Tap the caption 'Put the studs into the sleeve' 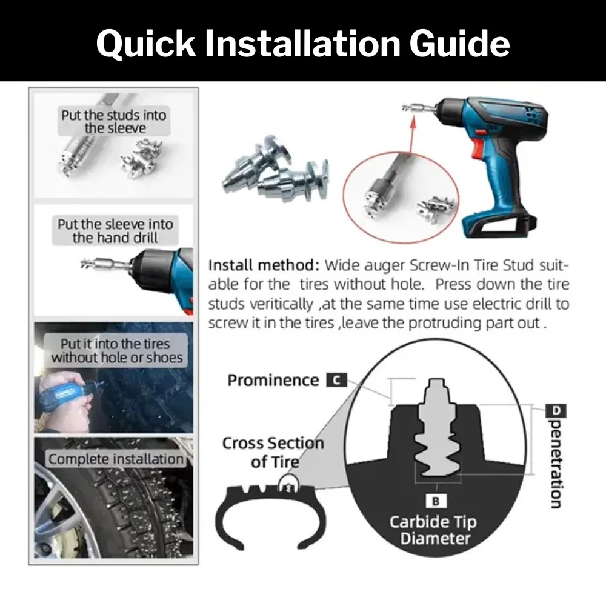[113, 121]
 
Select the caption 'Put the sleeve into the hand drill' [115, 230]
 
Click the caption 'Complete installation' [115, 459]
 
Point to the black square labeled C [336, 381]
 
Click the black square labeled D [557, 411]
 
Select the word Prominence [273, 381]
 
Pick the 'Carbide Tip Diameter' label [433, 530]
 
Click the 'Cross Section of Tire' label [272, 452]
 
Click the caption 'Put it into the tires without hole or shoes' [116, 351]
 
